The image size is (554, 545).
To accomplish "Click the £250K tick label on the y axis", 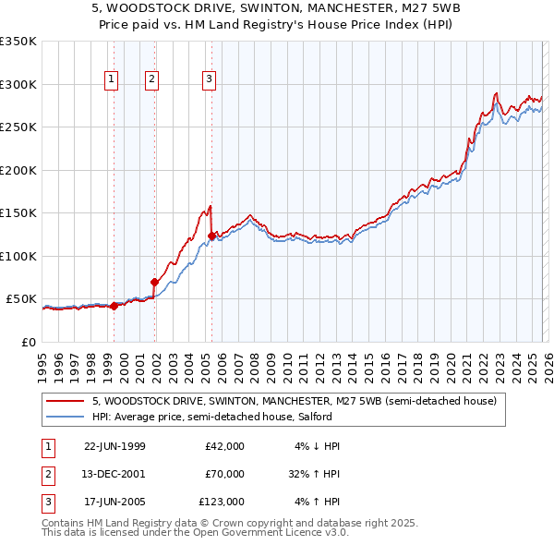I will coord(18,127).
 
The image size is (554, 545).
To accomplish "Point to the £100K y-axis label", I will coord(18,256).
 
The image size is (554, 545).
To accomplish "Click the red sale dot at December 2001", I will coord(154,282).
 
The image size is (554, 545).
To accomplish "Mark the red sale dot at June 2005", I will coord(211,236).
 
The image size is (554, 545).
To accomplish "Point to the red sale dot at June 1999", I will coord(114,306).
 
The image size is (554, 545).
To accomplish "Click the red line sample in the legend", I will coord(65,401).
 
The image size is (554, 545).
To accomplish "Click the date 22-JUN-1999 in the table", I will coord(114,446).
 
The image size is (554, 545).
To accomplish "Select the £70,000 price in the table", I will coord(224,473).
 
